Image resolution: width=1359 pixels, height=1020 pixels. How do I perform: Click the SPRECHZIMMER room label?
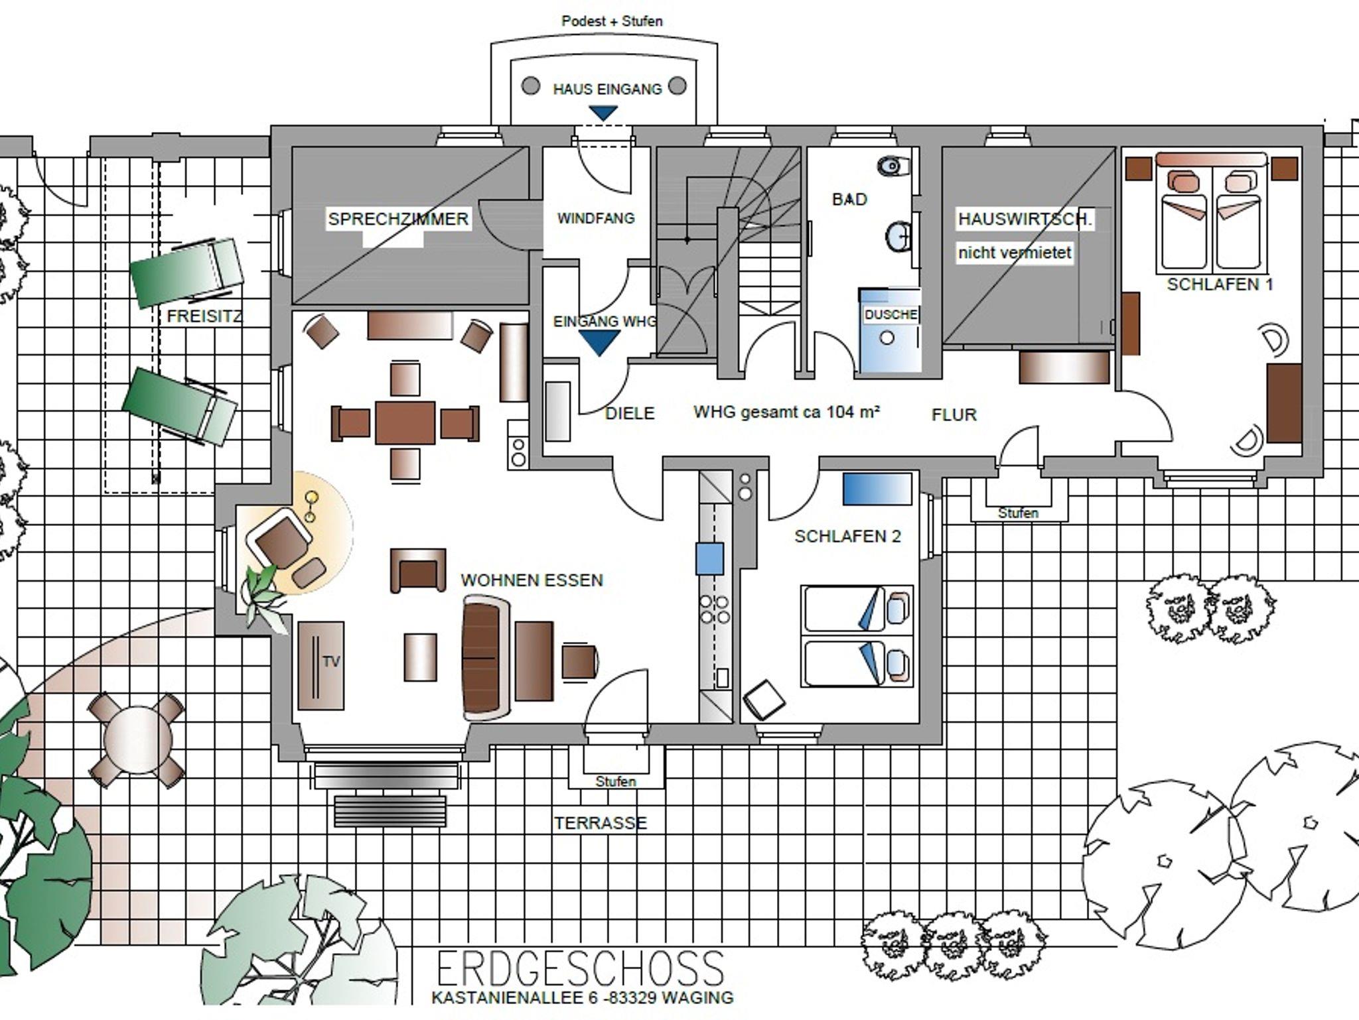[x=398, y=219]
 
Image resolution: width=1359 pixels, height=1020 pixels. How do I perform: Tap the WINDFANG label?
[x=596, y=218]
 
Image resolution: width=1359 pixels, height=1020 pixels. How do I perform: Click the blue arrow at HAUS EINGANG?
[x=603, y=113]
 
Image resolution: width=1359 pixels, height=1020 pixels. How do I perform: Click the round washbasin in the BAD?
[x=898, y=235]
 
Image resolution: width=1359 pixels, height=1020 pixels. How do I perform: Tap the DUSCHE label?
[x=891, y=314]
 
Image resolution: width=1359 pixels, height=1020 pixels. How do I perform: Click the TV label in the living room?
[x=331, y=661]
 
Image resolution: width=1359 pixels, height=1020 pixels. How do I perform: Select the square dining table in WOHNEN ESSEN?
[x=405, y=422]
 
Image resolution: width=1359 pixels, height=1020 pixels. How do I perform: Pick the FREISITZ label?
[x=204, y=316]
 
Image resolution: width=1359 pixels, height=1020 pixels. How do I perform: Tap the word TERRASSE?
[x=601, y=823]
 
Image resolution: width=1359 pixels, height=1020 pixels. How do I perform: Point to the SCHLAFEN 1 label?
[x=1220, y=285]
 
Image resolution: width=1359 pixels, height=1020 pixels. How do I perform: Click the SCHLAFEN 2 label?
[x=848, y=537]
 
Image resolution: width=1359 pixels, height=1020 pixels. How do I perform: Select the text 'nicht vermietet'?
[x=1015, y=253]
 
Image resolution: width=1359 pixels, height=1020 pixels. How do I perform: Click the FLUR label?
[x=954, y=415]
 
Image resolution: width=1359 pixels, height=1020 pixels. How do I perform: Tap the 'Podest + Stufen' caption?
[x=612, y=21]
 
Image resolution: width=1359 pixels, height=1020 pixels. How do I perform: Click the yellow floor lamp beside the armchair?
[x=311, y=506]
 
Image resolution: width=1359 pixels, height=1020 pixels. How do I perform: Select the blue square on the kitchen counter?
[x=709, y=558]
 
